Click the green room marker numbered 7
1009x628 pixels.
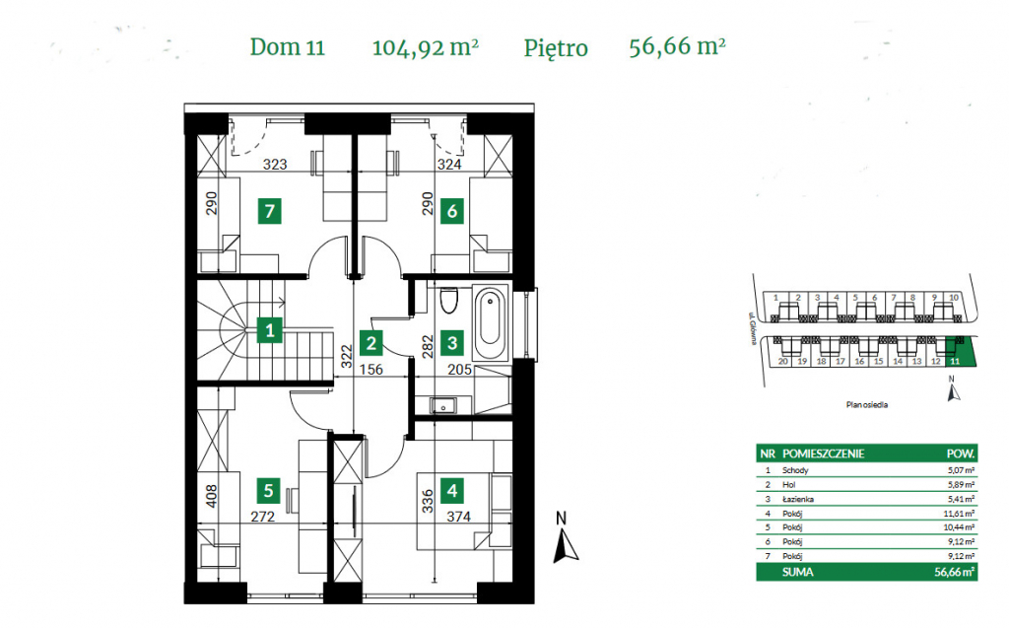click(268, 209)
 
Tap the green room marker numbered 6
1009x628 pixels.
click(452, 209)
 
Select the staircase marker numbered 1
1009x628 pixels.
click(268, 330)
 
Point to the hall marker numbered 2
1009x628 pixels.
click(370, 343)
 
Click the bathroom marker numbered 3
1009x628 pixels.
click(452, 343)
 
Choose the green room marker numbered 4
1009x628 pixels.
click(452, 490)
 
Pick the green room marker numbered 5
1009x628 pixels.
click(268, 490)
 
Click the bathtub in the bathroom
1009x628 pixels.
click(490, 323)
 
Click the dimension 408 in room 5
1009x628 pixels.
click(210, 495)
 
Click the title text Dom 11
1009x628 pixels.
click(288, 46)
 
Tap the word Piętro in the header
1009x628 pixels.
click(556, 47)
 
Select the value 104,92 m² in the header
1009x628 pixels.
click(426, 46)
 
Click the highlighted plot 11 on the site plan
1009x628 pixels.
click(954, 350)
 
